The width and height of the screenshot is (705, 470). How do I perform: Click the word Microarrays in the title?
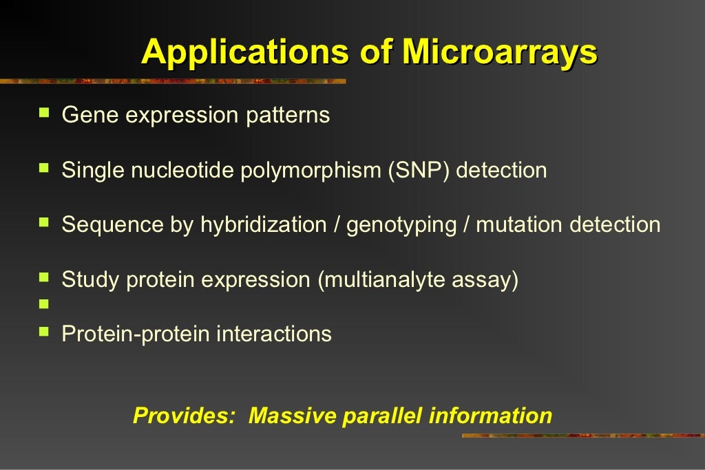coord(499,52)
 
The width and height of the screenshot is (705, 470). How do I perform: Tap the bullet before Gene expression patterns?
coord(45,111)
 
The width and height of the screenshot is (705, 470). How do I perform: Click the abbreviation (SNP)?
coord(418,170)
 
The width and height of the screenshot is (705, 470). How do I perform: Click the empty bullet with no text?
coord(45,303)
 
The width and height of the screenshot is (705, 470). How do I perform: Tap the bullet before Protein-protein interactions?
coord(45,331)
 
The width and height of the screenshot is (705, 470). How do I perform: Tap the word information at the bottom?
coord(490,416)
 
